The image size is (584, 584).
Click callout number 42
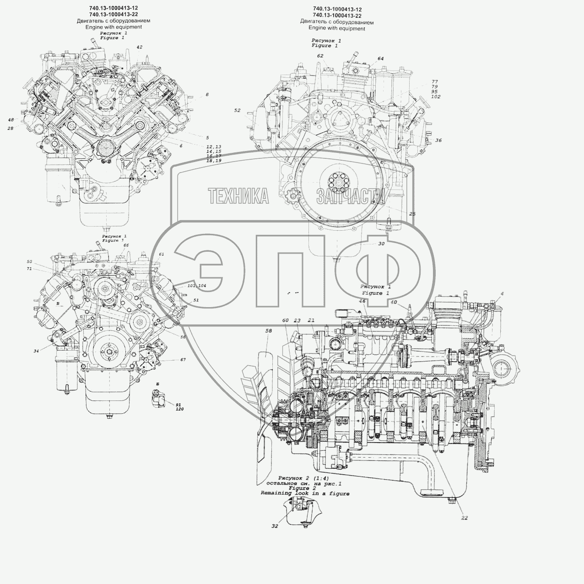coord(139,47)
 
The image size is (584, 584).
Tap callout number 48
coord(11,120)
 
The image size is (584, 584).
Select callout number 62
coord(320,56)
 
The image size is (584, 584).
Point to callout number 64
coord(380,59)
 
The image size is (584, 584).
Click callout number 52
coord(237,110)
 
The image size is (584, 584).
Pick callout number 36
coord(438,140)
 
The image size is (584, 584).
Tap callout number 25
coord(412,214)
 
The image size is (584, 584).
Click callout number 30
coord(381,244)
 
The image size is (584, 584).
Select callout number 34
coord(36,351)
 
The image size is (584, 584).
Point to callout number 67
coord(183,360)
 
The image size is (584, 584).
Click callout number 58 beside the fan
coord(269,330)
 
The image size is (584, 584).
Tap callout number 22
coord(465,518)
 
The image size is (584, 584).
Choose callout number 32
coord(275,526)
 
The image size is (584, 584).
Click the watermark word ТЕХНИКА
coord(238,196)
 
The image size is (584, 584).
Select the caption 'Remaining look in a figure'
coord(305,493)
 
